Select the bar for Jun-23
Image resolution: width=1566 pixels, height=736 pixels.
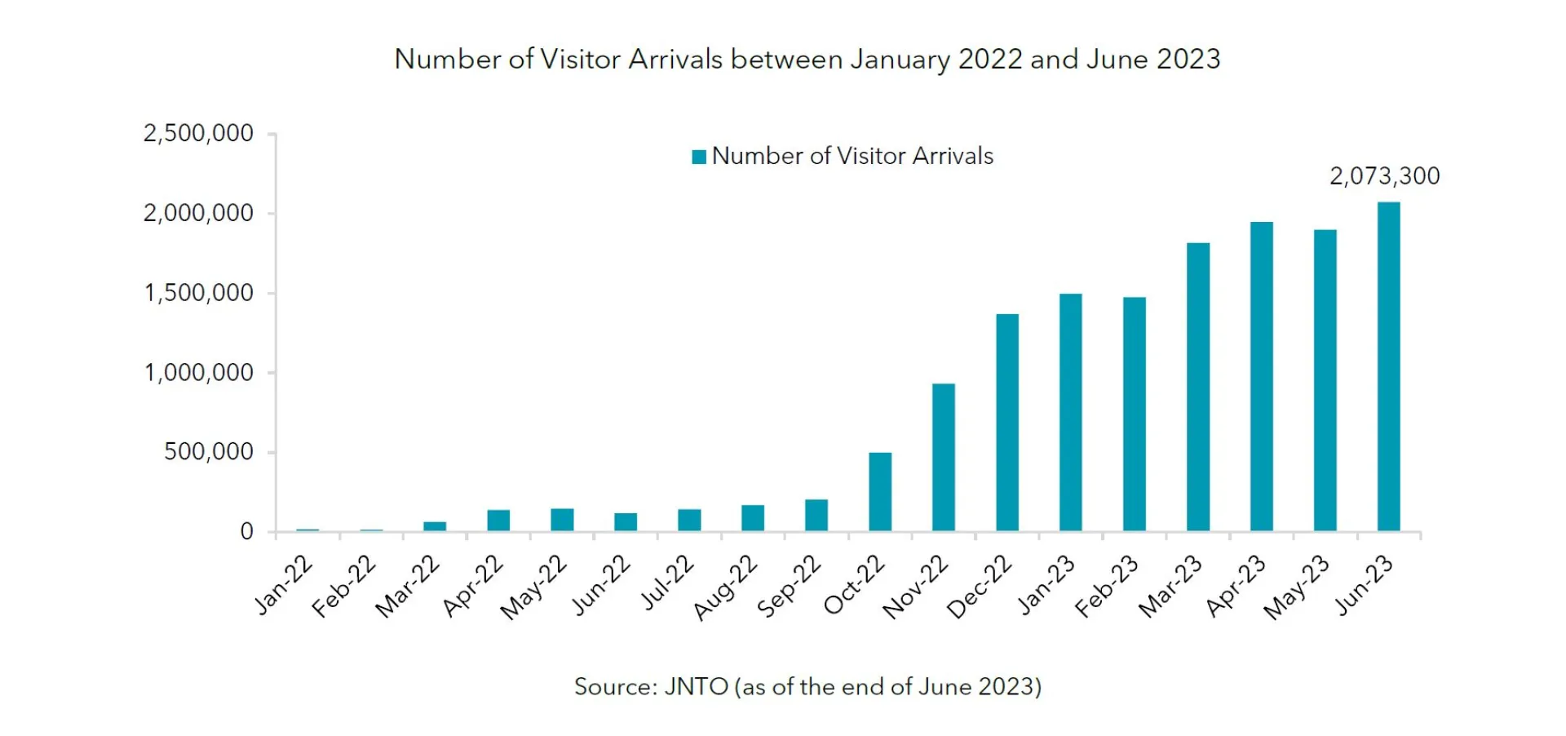[1388, 367]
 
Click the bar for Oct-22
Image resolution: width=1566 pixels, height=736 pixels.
[880, 492]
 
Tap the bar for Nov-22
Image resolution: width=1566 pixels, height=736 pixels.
[944, 458]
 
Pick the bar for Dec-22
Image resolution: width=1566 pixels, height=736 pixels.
[1007, 423]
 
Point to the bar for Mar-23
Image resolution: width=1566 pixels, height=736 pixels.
[1198, 388]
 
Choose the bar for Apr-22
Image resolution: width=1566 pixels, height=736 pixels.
[498, 521]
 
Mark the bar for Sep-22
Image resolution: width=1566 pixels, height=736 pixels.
[816, 516]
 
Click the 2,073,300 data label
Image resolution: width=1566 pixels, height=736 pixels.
[1384, 176]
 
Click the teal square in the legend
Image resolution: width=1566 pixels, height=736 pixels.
[699, 157]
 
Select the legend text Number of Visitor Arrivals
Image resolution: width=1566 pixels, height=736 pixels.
[852, 156]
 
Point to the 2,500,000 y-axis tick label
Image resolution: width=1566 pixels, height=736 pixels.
[198, 133]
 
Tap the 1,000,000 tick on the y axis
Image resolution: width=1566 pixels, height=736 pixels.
[198, 373]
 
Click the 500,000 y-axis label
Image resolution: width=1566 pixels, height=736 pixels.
[209, 452]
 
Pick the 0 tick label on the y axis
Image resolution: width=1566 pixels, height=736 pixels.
[246, 532]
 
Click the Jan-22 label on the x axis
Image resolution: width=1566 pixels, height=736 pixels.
[283, 585]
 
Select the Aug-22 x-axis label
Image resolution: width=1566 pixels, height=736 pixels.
[725, 587]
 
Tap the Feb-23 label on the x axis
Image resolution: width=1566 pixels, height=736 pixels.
[1106, 587]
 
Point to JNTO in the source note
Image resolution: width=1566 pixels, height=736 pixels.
[696, 687]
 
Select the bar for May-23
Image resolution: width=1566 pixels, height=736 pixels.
[1325, 381]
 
